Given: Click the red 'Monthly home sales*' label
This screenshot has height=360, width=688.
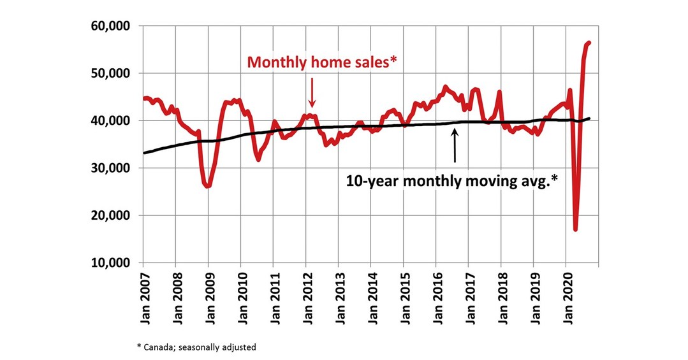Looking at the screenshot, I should (312, 62).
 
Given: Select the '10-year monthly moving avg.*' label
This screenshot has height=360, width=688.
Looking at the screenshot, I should (452, 180).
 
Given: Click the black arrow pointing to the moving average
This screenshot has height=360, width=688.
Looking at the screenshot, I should (454, 147).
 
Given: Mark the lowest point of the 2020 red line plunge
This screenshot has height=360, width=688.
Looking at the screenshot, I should (576, 229).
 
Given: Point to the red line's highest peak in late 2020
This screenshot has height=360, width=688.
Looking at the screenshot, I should (589, 43).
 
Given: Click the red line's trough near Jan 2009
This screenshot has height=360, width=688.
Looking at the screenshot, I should (208, 185).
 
